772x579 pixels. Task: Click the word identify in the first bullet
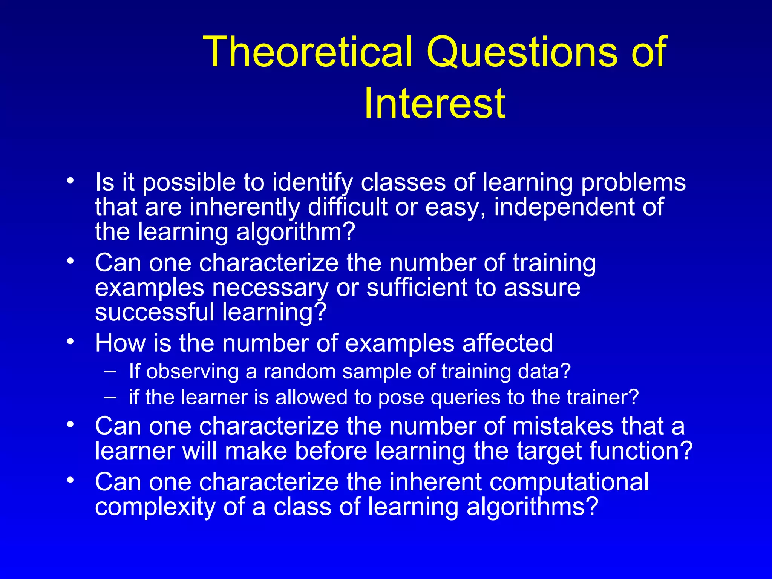coord(312,182)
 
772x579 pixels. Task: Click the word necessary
coord(270,288)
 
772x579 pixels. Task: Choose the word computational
coord(565,482)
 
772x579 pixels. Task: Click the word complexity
coord(155,507)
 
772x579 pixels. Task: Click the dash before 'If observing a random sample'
coord(110,371)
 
